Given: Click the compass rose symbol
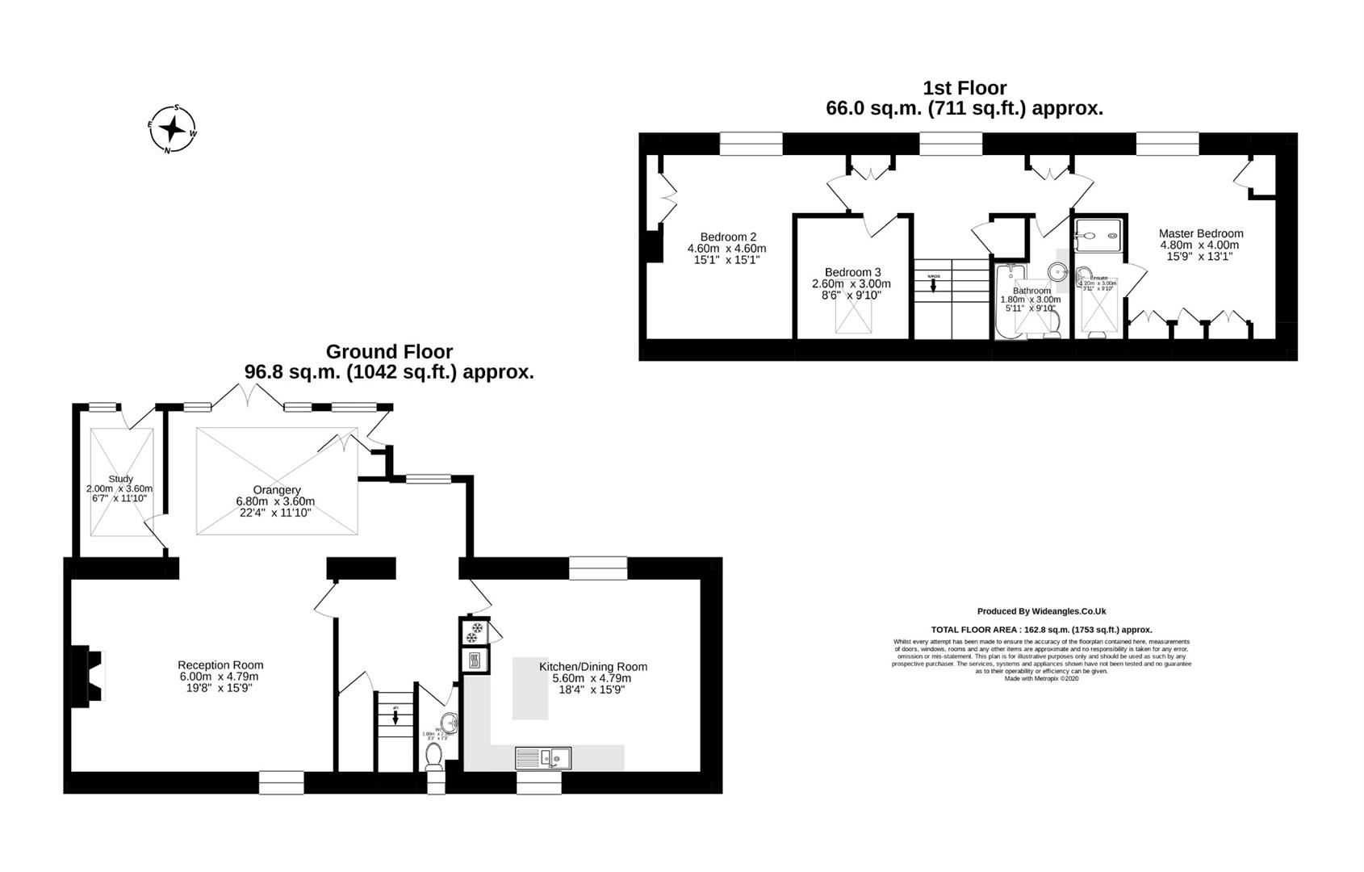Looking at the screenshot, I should (x=172, y=128).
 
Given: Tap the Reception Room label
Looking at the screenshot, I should (x=220, y=665).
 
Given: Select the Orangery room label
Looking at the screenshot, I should (x=277, y=490).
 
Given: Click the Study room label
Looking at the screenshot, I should (x=120, y=479).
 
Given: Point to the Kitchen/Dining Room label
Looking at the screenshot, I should (x=592, y=667).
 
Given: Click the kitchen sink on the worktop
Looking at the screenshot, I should (x=544, y=758).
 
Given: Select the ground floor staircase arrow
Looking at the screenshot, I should (x=395, y=718).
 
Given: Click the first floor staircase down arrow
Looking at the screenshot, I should (x=933, y=285).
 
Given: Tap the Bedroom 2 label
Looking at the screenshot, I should (x=727, y=237).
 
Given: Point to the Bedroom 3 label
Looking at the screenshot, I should (x=852, y=273).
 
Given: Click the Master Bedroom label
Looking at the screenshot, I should (x=1200, y=234).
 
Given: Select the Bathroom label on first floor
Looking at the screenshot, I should (x=1031, y=291).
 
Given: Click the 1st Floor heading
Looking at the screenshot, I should (x=964, y=88).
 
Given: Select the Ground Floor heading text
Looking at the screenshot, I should (x=389, y=352).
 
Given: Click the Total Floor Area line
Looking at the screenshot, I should (x=1041, y=630).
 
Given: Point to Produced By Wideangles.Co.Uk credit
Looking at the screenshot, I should (x=1041, y=612).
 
